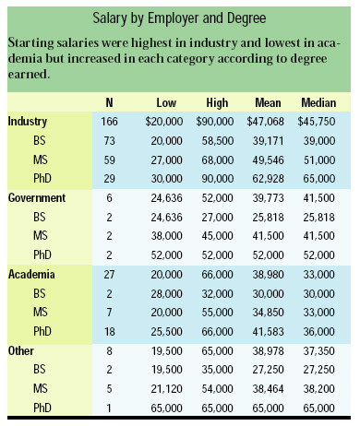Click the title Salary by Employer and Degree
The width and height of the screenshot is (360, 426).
(179, 17)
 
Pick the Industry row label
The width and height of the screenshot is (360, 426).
(28, 121)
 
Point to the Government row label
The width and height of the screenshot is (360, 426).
(36, 197)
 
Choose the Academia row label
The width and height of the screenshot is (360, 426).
(31, 274)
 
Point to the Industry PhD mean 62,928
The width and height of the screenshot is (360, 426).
(267, 178)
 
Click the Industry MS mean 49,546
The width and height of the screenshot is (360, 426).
(267, 159)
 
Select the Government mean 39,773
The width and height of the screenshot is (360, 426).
(267, 197)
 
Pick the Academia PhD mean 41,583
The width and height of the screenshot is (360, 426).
(267, 330)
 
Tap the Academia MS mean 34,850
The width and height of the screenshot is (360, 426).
(267, 312)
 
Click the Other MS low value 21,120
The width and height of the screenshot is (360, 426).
(162, 387)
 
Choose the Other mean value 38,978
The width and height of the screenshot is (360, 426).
(267, 349)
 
